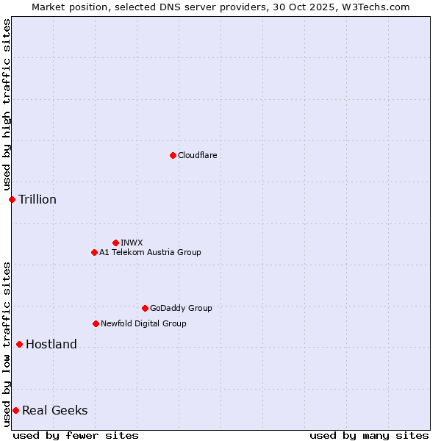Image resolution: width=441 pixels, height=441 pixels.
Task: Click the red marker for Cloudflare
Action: pos(173,155)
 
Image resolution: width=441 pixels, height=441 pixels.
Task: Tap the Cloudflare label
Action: pos(198,155)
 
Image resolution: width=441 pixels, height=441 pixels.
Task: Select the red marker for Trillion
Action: pos(12,199)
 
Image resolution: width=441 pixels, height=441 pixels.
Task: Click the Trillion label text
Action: pos(37,200)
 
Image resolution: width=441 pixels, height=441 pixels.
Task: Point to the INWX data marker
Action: pos(115,243)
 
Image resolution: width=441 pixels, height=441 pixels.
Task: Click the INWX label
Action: pos(132,243)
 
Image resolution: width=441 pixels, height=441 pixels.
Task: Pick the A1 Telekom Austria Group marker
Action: pos(94,252)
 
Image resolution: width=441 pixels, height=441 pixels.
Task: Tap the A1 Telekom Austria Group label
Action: pos(150,252)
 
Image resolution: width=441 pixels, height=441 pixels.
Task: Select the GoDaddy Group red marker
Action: pos(145,308)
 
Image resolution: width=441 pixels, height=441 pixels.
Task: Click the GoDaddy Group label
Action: pos(181,308)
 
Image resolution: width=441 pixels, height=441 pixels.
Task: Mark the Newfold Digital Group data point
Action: pos(96,323)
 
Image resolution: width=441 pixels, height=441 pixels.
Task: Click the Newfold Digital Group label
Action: pos(143,323)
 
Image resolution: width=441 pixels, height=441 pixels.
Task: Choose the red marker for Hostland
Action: pos(19,344)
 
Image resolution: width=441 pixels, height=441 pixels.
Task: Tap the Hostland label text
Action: pos(51,345)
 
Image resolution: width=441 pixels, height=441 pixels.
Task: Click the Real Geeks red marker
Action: pos(15,410)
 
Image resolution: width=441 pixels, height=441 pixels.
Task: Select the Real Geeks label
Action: pos(55,411)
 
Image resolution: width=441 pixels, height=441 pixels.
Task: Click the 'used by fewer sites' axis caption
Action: pos(76,435)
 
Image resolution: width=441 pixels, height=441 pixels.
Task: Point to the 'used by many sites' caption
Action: pos(369,435)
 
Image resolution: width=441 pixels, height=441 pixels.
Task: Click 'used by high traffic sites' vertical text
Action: pos(7,105)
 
